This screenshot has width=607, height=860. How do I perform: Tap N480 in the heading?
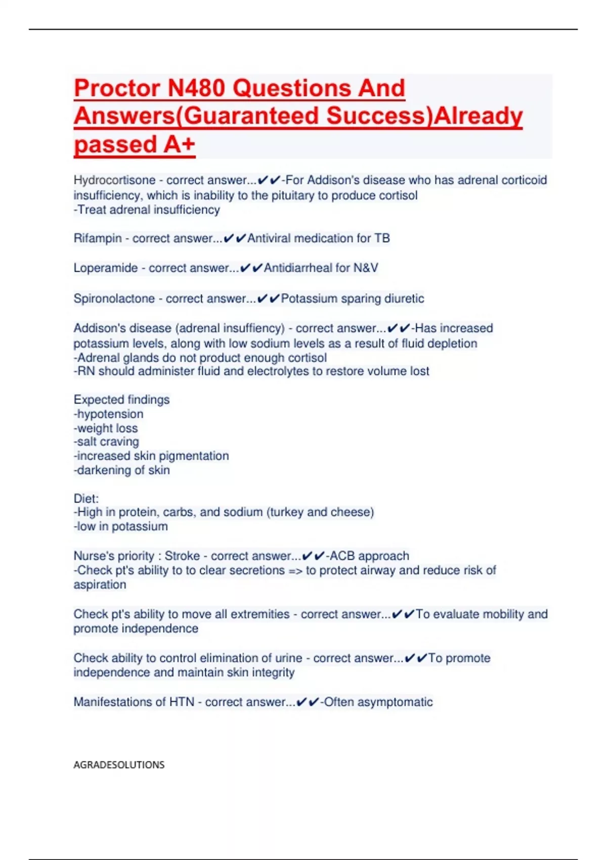click(196, 89)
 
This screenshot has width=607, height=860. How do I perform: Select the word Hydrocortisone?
click(114, 180)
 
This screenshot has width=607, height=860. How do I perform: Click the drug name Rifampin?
click(98, 238)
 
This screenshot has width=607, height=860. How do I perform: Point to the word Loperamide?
click(105, 268)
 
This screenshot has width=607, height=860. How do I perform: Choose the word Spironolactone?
click(114, 298)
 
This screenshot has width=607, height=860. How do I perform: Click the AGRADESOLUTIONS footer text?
click(119, 765)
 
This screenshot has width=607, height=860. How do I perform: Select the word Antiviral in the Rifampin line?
click(271, 238)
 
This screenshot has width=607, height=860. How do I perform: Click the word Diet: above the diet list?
click(86, 498)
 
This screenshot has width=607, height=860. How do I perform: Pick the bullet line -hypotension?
click(108, 414)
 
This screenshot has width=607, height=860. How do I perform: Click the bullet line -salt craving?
click(106, 442)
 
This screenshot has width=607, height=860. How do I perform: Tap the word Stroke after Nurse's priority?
click(182, 556)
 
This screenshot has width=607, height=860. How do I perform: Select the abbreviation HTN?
click(182, 702)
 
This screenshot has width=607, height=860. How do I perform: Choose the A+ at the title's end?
click(179, 145)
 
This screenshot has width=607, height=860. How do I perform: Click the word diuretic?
click(404, 298)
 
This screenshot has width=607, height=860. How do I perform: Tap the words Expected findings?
click(121, 400)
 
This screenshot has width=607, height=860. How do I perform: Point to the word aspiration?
click(100, 585)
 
